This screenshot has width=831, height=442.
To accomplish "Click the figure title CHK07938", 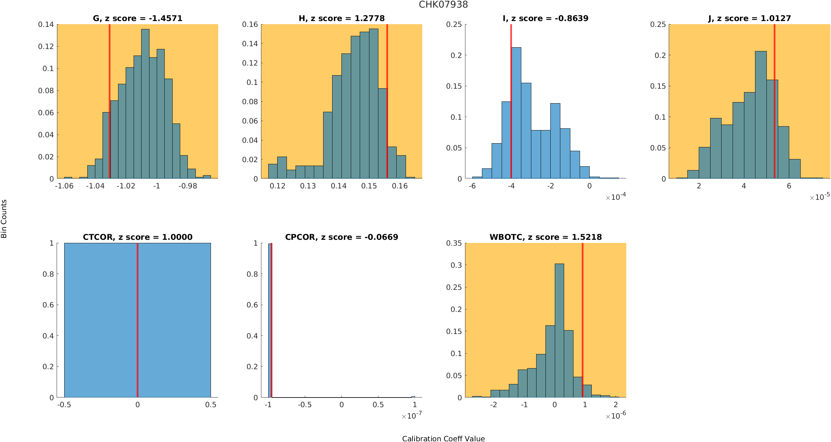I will pyautogui.click(x=443, y=4).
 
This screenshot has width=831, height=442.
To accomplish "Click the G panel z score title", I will pyautogui.click(x=137, y=18).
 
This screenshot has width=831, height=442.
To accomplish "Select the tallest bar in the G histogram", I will pyautogui.click(x=145, y=104).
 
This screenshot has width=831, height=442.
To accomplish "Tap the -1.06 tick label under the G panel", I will pyautogui.click(x=64, y=186).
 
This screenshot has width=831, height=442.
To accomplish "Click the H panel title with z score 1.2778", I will pyautogui.click(x=341, y=18).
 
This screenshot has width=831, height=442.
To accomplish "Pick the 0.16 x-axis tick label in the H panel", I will pyautogui.click(x=399, y=186).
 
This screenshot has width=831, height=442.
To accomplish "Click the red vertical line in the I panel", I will pyautogui.click(x=511, y=104).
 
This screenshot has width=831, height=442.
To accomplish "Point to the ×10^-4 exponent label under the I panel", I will pyautogui.click(x=616, y=197).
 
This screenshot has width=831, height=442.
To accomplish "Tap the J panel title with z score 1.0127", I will pyautogui.click(x=749, y=18).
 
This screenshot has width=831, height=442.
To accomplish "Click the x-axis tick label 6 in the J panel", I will pyautogui.click(x=789, y=186).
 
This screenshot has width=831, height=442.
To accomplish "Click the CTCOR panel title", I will pyautogui.click(x=137, y=237).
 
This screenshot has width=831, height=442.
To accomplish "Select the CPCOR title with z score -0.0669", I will pyautogui.click(x=341, y=237).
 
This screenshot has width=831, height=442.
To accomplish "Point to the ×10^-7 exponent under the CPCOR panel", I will pyautogui.click(x=412, y=416).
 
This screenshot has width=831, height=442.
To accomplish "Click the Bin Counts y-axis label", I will pyautogui.click(x=4, y=219).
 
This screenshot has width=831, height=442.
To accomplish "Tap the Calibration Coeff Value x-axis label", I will pyautogui.click(x=443, y=438).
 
